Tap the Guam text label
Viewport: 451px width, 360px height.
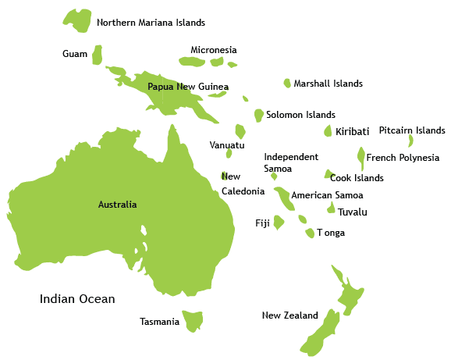(x=75, y=54)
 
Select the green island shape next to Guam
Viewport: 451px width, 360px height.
(x=98, y=55)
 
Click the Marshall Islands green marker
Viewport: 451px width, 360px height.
(x=287, y=83)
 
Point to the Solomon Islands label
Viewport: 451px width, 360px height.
(x=300, y=115)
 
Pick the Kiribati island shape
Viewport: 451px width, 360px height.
(x=328, y=131)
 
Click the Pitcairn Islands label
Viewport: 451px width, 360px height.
(x=412, y=130)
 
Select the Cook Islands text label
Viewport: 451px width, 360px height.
(x=357, y=178)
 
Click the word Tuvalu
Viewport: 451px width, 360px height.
(x=353, y=212)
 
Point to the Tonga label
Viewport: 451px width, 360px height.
(x=330, y=233)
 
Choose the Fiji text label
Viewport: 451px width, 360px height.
(x=262, y=223)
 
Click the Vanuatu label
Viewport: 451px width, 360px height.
(x=227, y=145)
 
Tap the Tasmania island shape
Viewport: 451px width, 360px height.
(x=193, y=320)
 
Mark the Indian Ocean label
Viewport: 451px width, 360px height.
(x=77, y=299)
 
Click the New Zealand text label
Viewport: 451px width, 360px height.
(x=290, y=315)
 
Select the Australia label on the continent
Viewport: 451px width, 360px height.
(x=117, y=205)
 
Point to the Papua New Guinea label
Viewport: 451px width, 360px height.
(x=188, y=87)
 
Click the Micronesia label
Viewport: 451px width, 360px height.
(x=214, y=50)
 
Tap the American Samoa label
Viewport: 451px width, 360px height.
(x=327, y=195)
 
